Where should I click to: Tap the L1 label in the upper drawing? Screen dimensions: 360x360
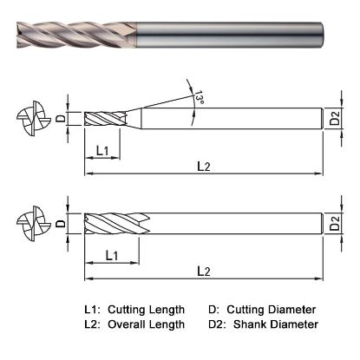point(101,152)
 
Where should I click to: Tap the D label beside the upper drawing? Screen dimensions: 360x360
point(60,117)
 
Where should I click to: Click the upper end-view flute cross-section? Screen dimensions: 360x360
point(30,118)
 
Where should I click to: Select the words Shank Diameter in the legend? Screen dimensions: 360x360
point(278,324)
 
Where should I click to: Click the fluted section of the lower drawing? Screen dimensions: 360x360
point(116,224)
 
